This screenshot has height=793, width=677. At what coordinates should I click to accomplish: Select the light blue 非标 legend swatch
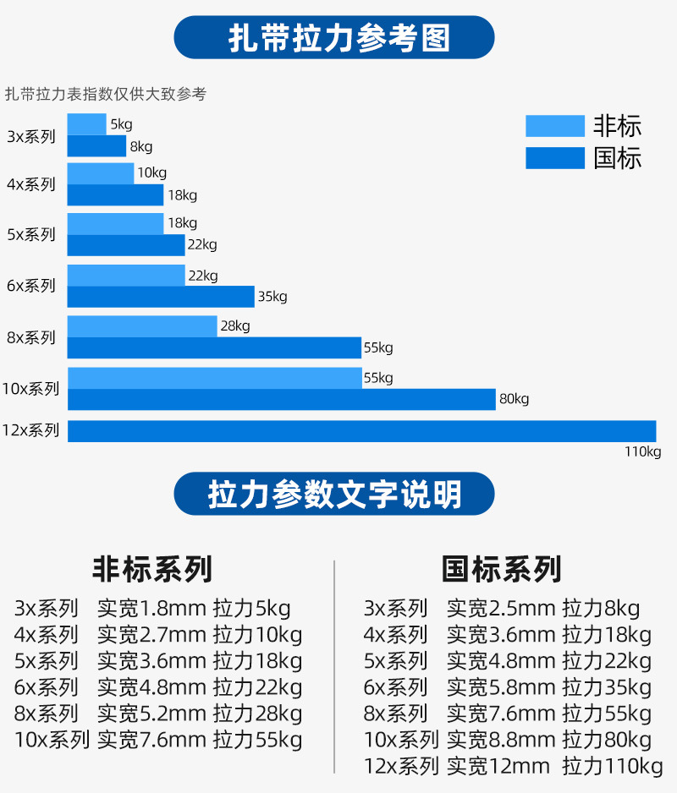(554, 126)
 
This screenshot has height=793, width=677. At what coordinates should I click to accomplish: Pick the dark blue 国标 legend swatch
(554, 158)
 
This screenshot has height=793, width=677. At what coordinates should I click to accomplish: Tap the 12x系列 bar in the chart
(361, 430)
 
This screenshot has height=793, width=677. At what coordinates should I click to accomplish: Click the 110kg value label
(642, 451)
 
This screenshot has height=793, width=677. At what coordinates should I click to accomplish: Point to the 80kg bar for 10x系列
(281, 399)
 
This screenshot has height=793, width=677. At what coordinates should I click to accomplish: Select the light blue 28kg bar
(142, 326)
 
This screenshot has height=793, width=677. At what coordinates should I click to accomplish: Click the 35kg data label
(272, 297)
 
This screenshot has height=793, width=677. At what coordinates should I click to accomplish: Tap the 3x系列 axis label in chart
(31, 136)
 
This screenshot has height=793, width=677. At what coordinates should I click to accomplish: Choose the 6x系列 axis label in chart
(31, 286)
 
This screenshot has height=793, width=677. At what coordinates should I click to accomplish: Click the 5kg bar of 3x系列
(86, 124)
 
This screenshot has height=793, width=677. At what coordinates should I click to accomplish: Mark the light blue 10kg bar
(101, 173)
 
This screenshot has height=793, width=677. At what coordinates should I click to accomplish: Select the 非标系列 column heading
(152, 569)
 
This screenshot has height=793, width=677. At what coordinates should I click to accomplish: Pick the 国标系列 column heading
(502, 569)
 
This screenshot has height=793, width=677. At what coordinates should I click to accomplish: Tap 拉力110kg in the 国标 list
(612, 767)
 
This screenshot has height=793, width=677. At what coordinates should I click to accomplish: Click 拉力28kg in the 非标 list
(257, 714)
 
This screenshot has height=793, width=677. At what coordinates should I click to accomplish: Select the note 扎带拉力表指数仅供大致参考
(106, 95)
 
